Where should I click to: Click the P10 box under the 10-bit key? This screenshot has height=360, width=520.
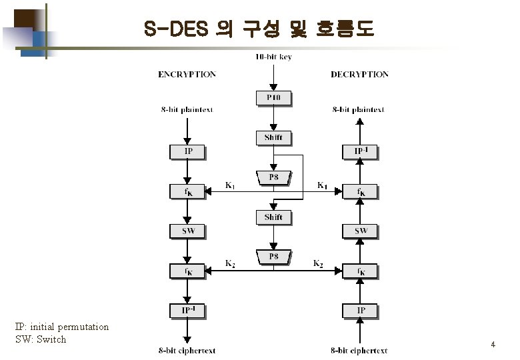273,99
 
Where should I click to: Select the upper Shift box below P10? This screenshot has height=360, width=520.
273,138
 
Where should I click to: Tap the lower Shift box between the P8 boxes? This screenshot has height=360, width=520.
273,217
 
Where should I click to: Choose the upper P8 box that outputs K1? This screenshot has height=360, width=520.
273,178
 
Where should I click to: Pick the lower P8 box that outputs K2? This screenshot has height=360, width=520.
273,257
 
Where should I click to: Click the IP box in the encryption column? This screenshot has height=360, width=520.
189,152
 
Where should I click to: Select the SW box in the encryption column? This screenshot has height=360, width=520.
189,231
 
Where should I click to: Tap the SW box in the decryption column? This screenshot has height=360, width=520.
360,231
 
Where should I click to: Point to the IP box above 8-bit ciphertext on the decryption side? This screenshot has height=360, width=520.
360,311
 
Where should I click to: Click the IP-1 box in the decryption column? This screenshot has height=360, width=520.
360,152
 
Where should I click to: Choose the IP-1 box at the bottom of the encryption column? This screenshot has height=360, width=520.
189,311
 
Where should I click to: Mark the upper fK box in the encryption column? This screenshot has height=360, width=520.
189,192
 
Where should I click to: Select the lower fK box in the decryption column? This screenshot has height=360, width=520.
360,271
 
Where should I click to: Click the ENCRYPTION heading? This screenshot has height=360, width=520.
187,75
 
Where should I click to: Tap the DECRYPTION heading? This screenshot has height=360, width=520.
359,75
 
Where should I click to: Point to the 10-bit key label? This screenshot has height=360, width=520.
273,57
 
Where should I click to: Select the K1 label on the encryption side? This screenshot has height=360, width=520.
229,185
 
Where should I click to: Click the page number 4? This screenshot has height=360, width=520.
493,345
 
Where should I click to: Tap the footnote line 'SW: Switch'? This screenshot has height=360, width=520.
41,339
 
